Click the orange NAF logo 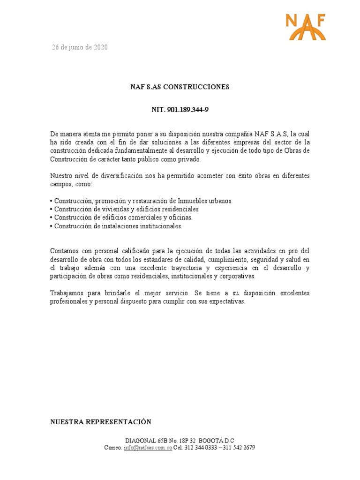point(306,27)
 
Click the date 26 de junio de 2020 point(79,47)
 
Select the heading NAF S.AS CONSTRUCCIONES point(180,87)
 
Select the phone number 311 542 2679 point(239,448)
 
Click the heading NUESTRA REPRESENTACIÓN point(101,422)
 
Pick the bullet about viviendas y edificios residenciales point(126,209)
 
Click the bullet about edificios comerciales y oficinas point(123,217)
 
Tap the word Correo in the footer point(112,448)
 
